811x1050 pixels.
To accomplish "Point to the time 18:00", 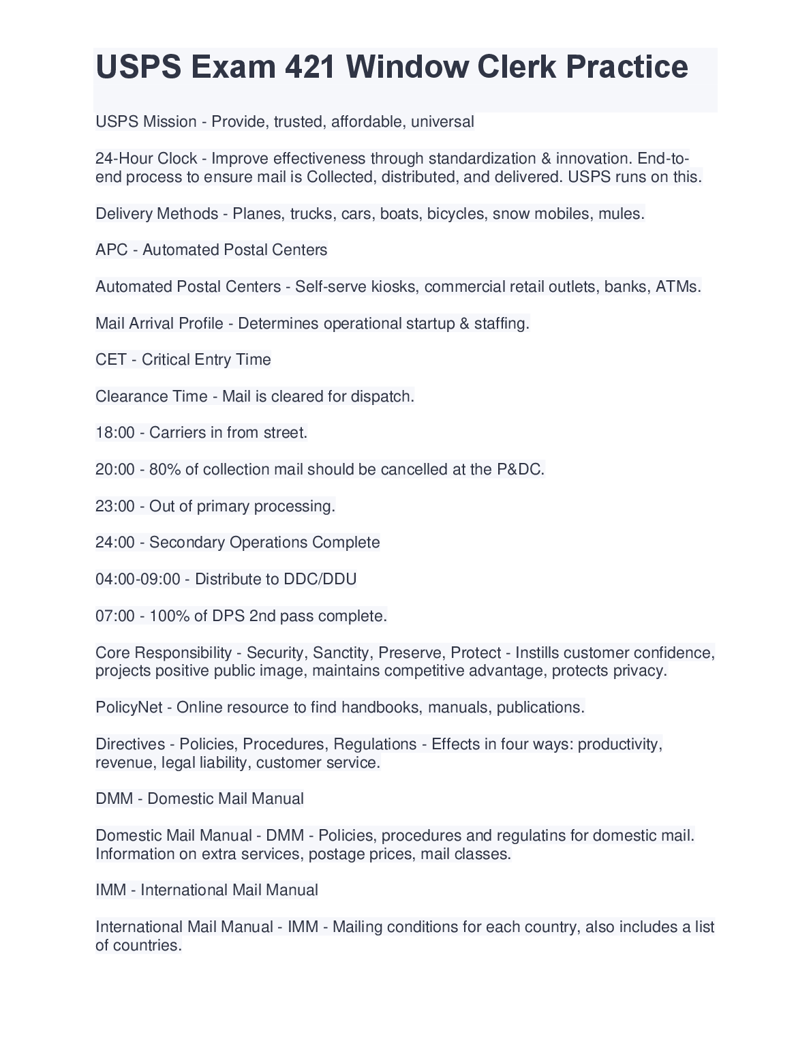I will (x=114, y=432).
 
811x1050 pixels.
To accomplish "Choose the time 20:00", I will (x=114, y=469).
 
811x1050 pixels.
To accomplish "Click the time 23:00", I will (x=114, y=506).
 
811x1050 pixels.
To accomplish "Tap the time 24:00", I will (x=114, y=542).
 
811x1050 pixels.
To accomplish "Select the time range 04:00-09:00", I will (x=138, y=579).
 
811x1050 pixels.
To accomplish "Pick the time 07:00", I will (x=114, y=616).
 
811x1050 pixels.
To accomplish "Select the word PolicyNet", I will (x=129, y=707).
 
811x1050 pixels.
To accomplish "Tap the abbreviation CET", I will (x=110, y=359).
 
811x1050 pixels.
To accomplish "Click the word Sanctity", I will (x=341, y=652).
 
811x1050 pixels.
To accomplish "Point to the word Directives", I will (x=130, y=744).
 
